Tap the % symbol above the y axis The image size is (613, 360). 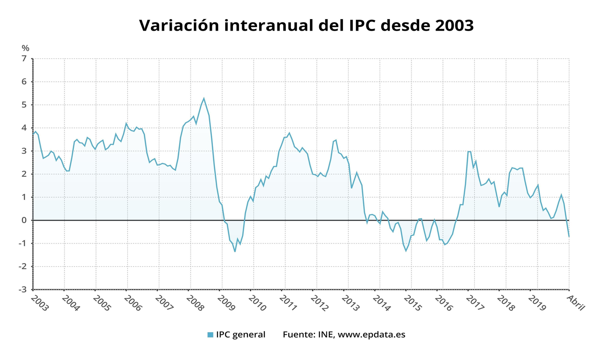25,48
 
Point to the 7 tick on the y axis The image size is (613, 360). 24,59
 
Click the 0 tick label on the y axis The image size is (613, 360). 24,220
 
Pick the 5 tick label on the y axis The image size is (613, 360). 24,105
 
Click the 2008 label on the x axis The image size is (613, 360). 195,303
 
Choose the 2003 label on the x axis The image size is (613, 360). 39,303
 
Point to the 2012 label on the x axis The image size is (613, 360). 320,303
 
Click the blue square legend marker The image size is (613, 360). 210,335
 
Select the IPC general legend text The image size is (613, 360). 240,334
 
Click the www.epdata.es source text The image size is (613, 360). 371,334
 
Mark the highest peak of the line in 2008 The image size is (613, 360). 204,98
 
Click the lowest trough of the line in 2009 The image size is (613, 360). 235,251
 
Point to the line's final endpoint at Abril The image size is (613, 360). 569,236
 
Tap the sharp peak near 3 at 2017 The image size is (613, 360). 469,151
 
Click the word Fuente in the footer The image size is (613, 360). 298,334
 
